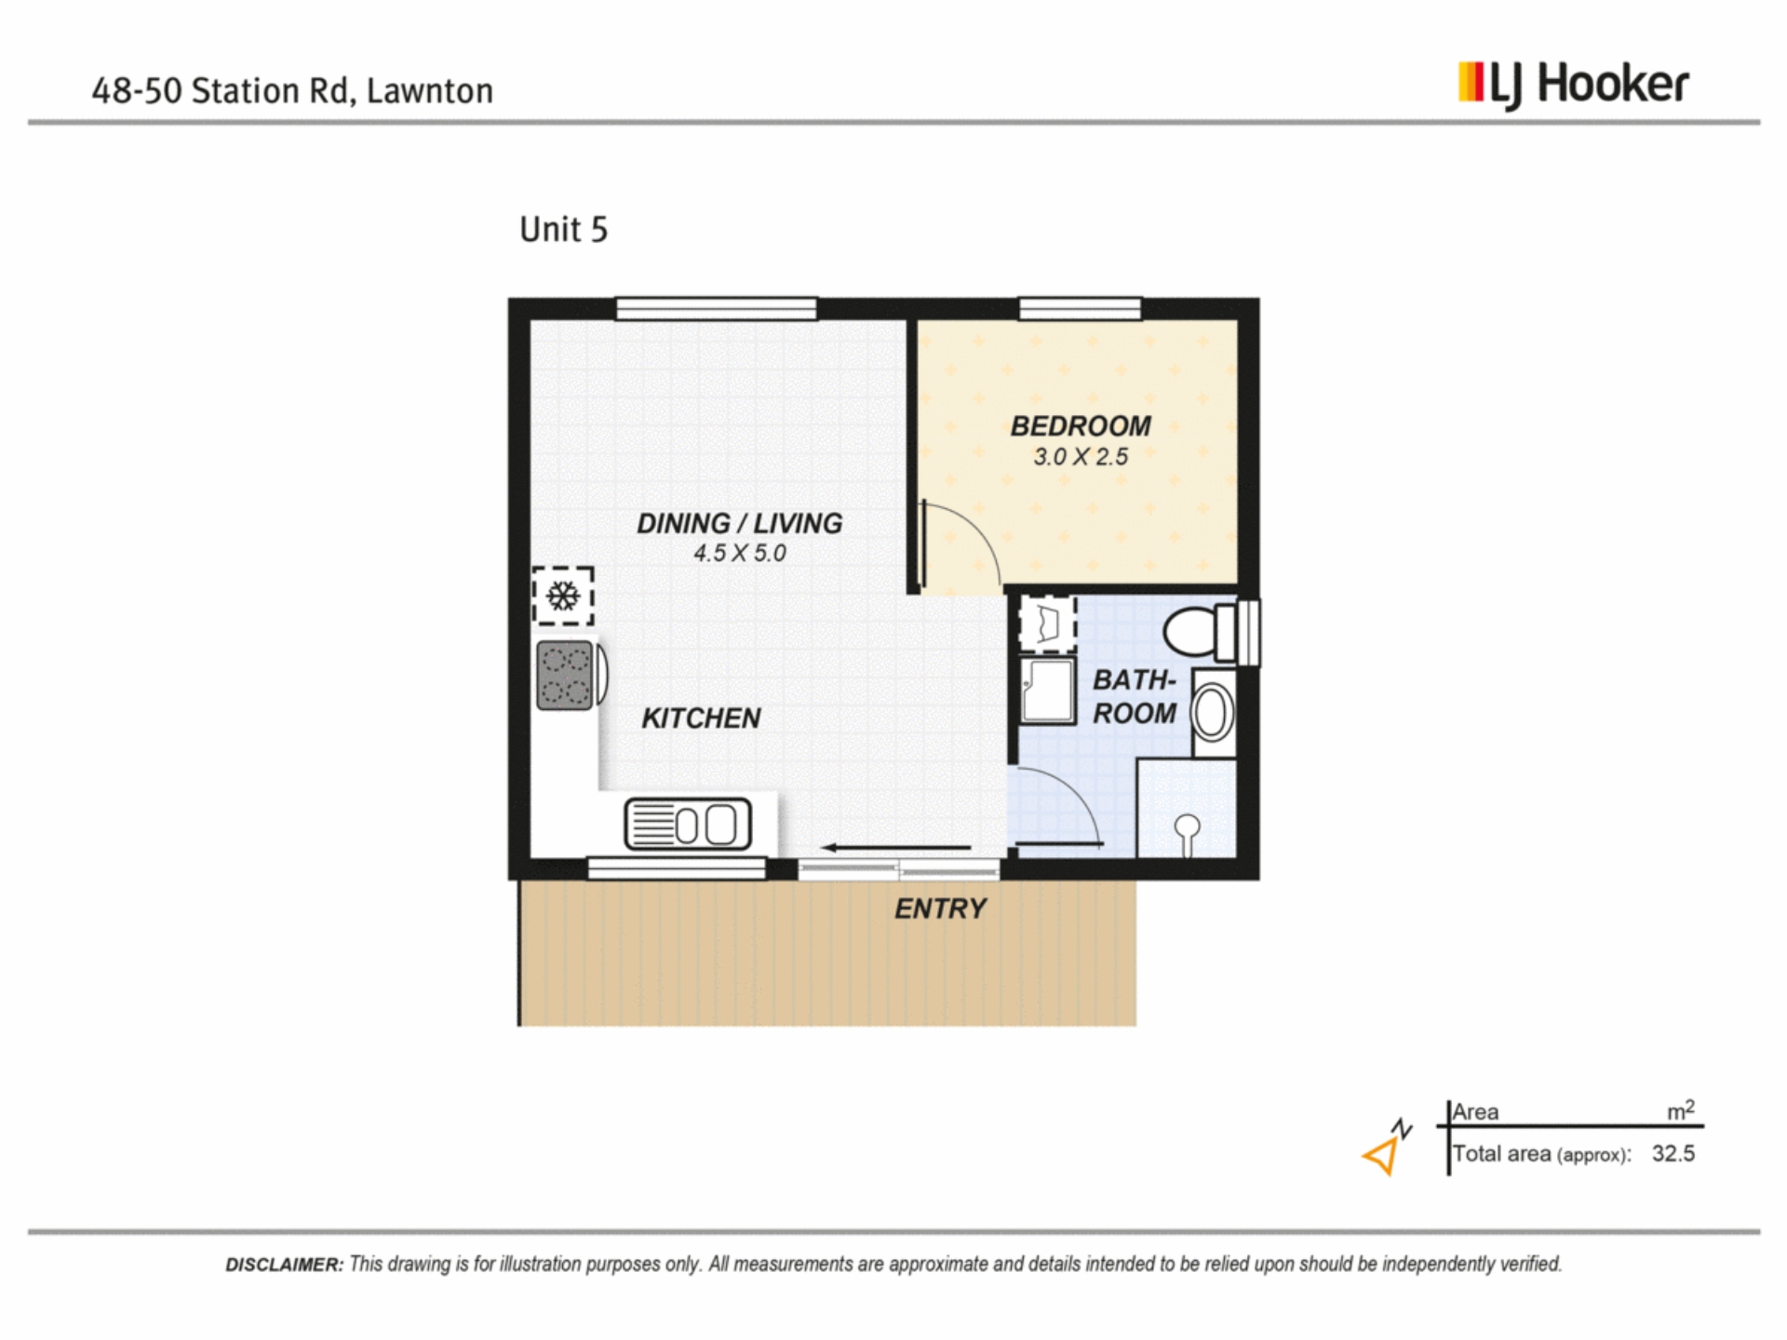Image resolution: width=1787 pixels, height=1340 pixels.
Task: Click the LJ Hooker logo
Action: [1573, 86]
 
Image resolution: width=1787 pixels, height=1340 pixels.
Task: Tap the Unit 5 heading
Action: [563, 229]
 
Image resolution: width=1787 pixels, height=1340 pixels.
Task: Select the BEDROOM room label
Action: [1081, 426]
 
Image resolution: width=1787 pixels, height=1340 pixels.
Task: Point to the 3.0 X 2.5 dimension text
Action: [1081, 457]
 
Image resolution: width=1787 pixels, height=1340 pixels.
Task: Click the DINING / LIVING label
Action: [740, 524]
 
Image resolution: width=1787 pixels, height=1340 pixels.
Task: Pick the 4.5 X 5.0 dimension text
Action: [740, 553]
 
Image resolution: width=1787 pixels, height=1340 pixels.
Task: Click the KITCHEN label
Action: [701, 718]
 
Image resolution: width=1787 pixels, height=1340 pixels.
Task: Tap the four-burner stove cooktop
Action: [565, 676]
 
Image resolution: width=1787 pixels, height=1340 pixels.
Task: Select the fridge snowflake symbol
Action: [563, 596]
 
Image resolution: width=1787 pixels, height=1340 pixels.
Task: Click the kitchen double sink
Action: [688, 824]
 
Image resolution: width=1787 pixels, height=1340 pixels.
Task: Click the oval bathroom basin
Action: [1212, 713]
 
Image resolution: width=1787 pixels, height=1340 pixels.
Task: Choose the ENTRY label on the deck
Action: [940, 909]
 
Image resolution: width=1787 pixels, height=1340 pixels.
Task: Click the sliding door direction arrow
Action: [896, 848]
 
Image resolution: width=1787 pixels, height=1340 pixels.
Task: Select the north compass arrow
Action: [1386, 1148]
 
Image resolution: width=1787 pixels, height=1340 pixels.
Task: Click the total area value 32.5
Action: [1673, 1154]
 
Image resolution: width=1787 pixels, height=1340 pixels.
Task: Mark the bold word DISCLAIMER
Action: [285, 1265]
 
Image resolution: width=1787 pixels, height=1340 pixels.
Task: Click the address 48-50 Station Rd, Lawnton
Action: [292, 91]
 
